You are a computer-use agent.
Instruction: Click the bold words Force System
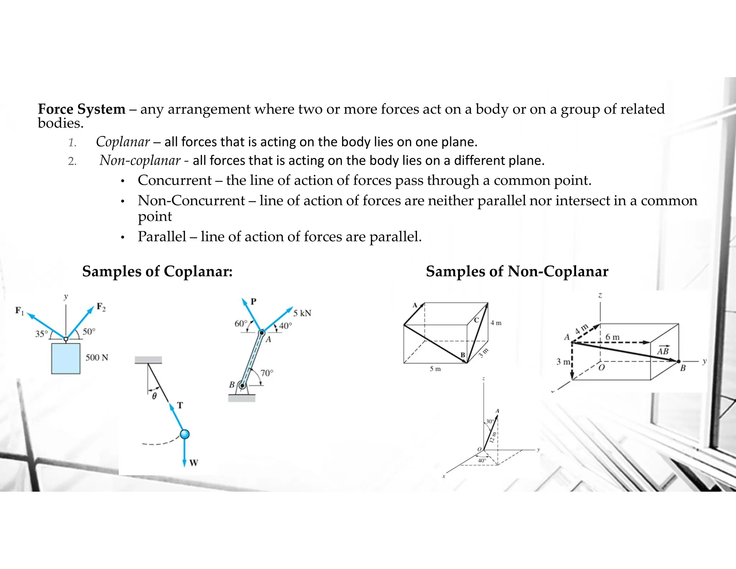82,109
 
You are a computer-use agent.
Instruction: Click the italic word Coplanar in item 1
123,142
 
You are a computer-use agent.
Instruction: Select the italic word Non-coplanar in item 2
140,160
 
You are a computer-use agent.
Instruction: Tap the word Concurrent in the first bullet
175,180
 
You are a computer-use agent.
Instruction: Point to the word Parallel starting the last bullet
162,237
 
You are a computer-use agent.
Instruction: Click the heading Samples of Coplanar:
157,271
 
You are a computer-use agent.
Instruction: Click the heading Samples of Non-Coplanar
517,271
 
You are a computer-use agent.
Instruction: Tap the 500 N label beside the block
97,358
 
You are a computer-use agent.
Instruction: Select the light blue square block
66,358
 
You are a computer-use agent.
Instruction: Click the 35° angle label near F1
41,334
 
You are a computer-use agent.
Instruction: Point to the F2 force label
101,307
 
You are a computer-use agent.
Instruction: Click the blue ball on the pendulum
185,434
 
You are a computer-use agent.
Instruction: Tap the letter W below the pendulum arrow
194,463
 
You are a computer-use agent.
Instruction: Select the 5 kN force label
302,313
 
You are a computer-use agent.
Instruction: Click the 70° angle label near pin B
267,373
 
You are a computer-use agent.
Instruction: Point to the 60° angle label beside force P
241,324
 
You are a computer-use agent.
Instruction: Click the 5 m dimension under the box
435,369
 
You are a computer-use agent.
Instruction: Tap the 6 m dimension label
612,337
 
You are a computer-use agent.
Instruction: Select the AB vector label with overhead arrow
662,351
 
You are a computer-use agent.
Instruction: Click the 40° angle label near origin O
482,460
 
